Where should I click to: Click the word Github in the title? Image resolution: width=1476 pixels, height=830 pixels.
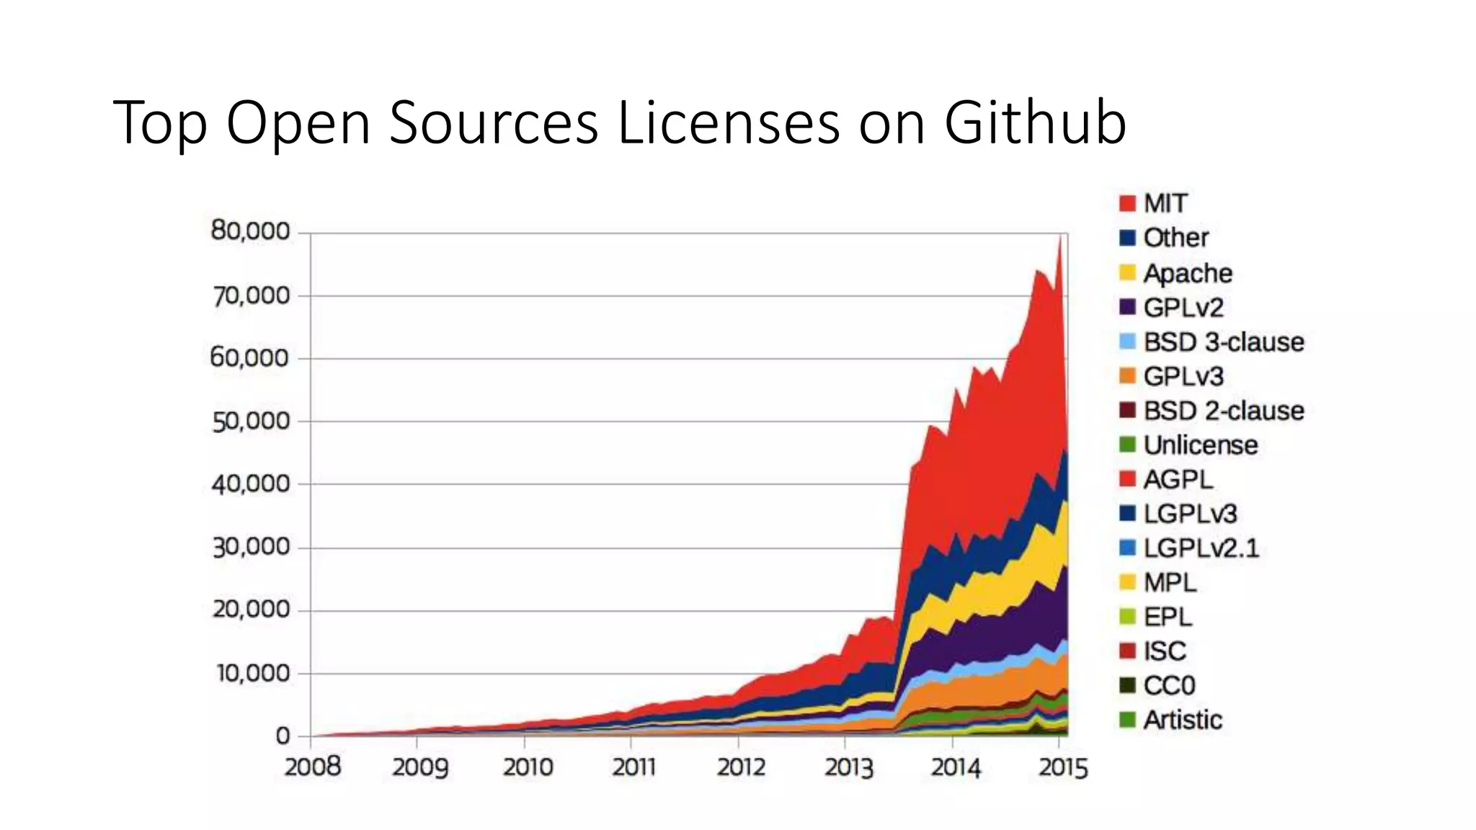1035,122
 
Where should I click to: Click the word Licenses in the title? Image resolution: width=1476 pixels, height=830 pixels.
729,122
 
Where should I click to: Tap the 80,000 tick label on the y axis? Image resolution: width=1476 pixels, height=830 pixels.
250,231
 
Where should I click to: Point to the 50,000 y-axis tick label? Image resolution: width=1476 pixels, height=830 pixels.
250,421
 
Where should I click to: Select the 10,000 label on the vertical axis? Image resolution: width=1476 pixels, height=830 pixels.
250,674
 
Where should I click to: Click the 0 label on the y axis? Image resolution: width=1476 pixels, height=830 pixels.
283,736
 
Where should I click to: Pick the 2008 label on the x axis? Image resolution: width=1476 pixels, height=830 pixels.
312,767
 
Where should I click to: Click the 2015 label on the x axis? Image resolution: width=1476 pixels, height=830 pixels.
1062,767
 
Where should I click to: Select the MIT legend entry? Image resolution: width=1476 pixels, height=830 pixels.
1165,203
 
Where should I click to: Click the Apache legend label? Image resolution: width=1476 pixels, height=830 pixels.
1188,273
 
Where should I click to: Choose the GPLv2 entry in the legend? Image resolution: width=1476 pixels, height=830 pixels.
1183,308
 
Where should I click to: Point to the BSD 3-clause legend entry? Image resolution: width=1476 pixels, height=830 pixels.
1224,342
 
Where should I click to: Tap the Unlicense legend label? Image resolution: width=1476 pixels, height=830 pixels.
1201,445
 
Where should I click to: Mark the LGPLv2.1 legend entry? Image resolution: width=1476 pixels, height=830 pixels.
1201,548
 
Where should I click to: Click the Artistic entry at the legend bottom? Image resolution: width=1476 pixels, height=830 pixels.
1183,720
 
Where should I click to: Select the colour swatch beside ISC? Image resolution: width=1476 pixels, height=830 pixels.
1127,651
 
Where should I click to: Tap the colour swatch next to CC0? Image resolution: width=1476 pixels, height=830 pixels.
1127,686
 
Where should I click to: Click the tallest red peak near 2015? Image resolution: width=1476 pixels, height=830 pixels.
1059,241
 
